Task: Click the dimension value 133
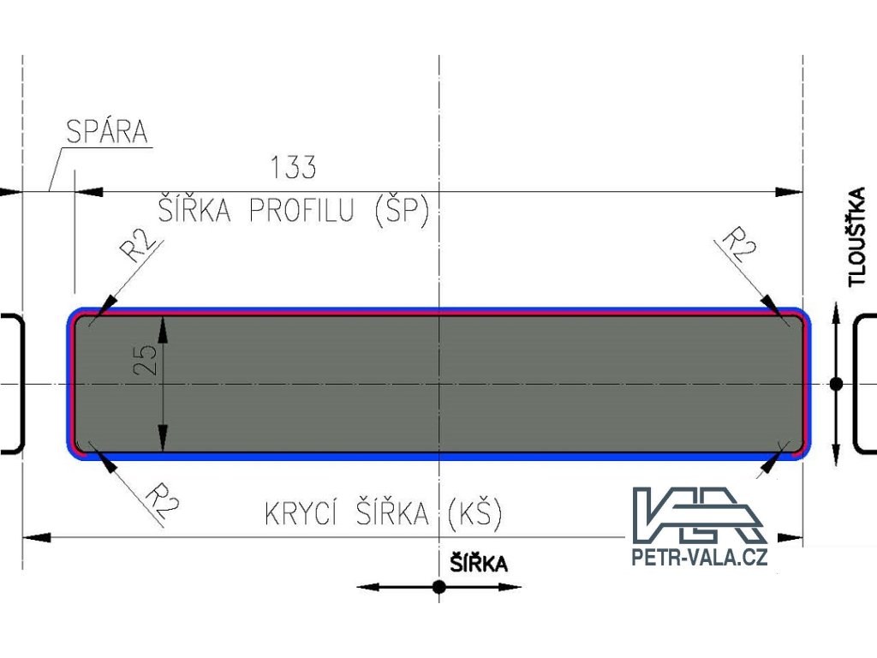click(x=293, y=168)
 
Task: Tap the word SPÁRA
click(x=107, y=132)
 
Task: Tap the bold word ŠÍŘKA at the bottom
click(x=479, y=563)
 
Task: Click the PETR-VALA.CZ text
click(x=699, y=558)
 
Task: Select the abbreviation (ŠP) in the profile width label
click(x=401, y=211)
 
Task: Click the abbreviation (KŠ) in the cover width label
click(x=474, y=514)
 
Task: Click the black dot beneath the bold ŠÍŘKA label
click(x=438, y=587)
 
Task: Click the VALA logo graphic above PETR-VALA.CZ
click(x=699, y=514)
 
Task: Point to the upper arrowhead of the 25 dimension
click(x=162, y=326)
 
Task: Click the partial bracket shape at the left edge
click(x=14, y=382)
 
